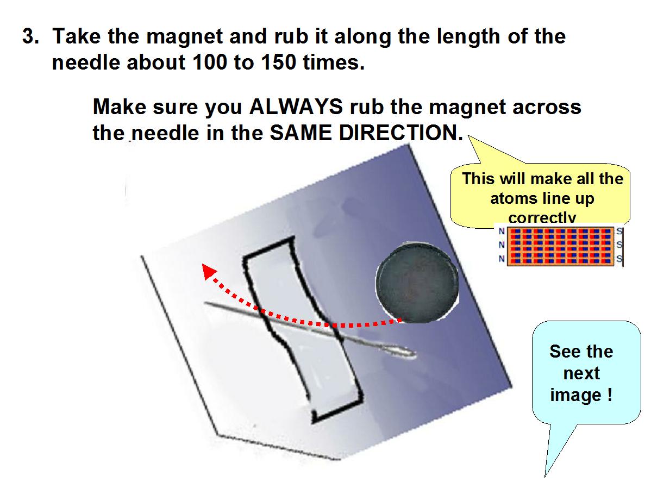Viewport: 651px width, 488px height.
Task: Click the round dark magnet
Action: pyautogui.click(x=417, y=283)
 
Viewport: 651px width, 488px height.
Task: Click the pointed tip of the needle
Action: pyautogui.click(x=204, y=303)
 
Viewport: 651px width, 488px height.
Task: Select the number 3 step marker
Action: pyautogui.click(x=30, y=36)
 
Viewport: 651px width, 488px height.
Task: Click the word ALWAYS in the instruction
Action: pyautogui.click(x=296, y=107)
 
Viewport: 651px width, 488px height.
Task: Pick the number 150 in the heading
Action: pyautogui.click(x=279, y=62)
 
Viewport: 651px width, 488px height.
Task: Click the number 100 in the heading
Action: pyautogui.click(x=210, y=62)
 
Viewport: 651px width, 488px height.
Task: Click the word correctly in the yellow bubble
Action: pyautogui.click(x=542, y=217)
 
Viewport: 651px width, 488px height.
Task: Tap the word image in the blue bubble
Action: pyautogui.click(x=575, y=395)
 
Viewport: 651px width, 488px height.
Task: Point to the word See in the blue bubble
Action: pyautogui.click(x=564, y=352)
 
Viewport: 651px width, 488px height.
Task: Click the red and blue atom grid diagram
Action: pyautogui.click(x=560, y=246)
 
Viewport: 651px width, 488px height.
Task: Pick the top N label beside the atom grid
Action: pyautogui.click(x=502, y=232)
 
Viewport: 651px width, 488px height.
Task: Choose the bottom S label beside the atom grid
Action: pyautogui.click(x=619, y=259)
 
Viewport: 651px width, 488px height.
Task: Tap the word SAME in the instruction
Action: pyautogui.click(x=301, y=133)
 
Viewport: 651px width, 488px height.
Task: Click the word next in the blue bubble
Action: pyautogui.click(x=581, y=373)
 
